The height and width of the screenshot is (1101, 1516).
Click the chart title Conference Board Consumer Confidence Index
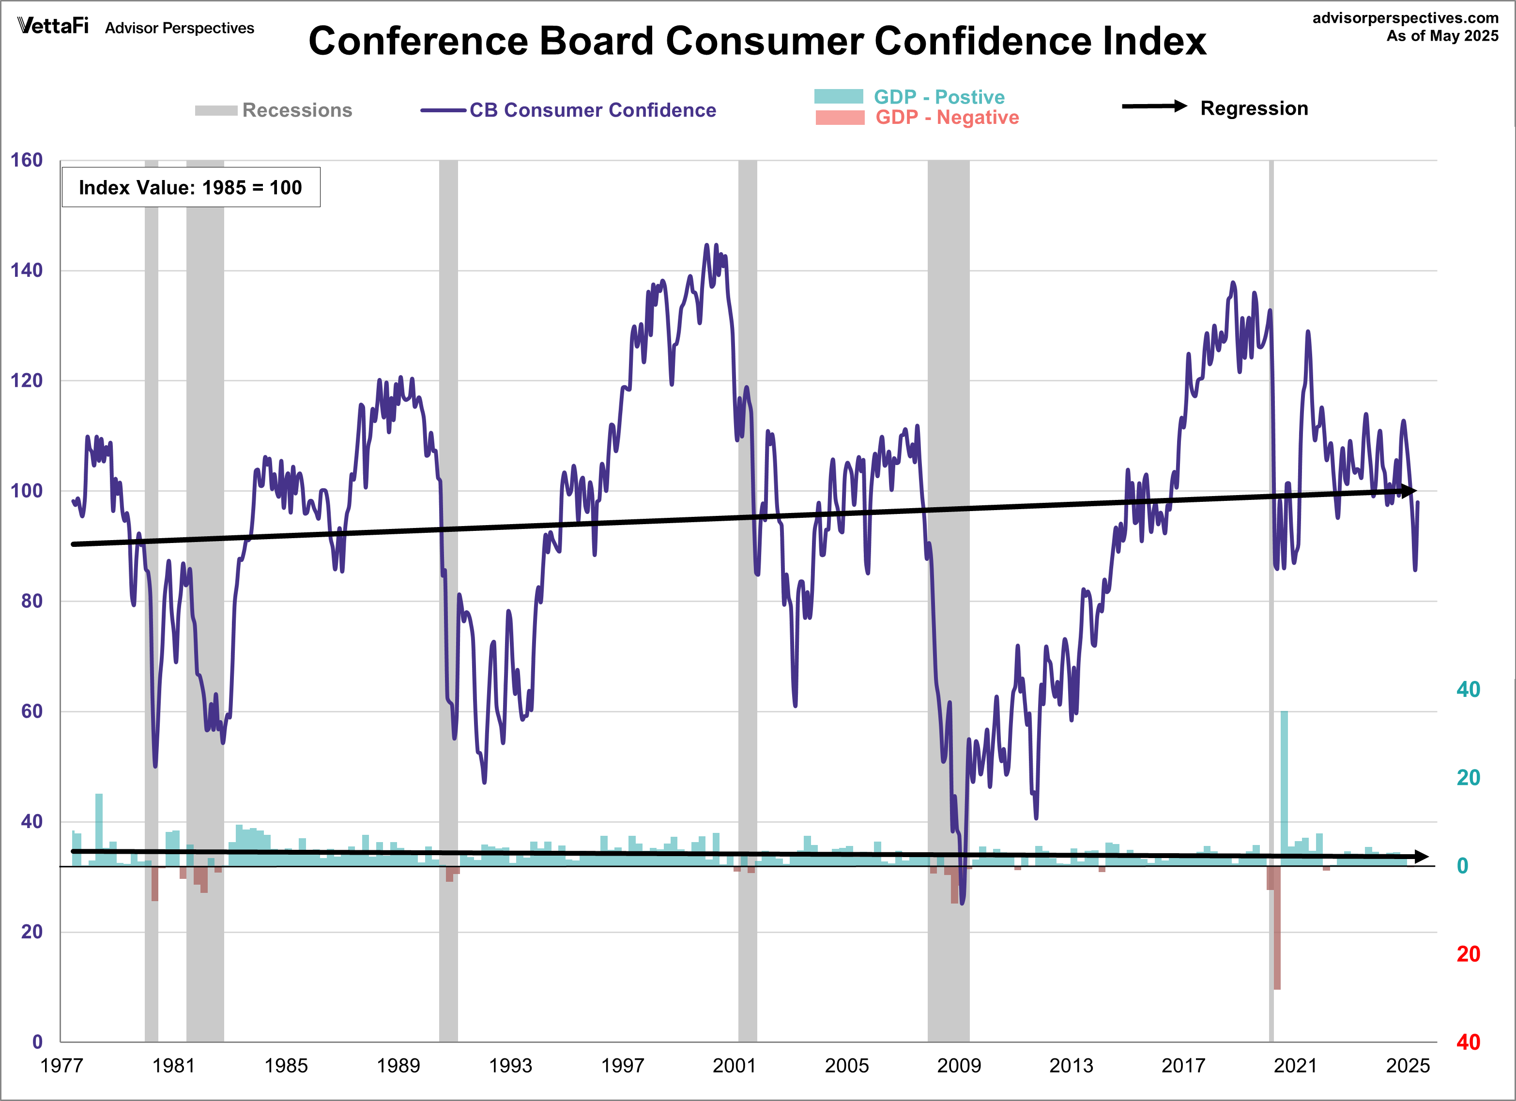(x=757, y=42)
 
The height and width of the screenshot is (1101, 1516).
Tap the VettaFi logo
(x=53, y=26)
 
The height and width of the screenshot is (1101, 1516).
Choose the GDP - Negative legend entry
(x=947, y=118)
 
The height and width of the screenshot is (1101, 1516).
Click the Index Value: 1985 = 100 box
(x=190, y=187)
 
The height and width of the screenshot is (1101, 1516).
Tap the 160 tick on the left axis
(x=27, y=160)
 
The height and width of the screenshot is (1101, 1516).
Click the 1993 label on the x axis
(x=510, y=1065)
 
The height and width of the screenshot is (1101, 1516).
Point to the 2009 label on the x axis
(x=959, y=1065)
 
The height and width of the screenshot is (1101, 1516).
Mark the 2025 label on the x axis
(x=1407, y=1065)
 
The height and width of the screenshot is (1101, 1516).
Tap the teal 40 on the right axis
(x=1468, y=690)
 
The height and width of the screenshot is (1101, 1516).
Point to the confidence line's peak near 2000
(x=707, y=246)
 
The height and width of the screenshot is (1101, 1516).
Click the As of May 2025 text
(x=1442, y=36)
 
